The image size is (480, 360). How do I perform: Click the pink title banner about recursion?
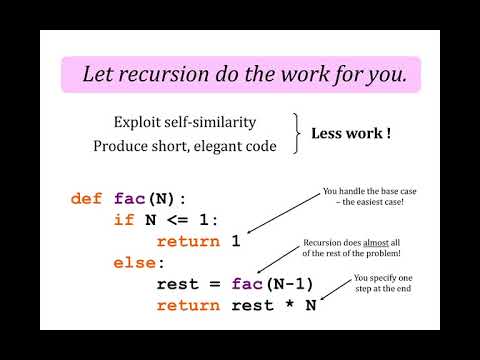(240, 74)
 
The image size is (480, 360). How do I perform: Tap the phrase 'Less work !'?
(350, 132)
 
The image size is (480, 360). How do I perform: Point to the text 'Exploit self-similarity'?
(185, 122)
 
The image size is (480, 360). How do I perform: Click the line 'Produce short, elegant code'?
(185, 145)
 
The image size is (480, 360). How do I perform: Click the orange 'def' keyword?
(87, 198)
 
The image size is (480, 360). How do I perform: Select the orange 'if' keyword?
(123, 220)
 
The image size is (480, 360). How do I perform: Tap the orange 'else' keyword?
(133, 263)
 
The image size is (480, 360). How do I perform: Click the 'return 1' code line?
(200, 241)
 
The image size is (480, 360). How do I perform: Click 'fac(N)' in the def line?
(149, 198)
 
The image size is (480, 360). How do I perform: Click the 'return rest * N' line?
(236, 305)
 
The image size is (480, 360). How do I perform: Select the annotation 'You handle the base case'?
(362, 190)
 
